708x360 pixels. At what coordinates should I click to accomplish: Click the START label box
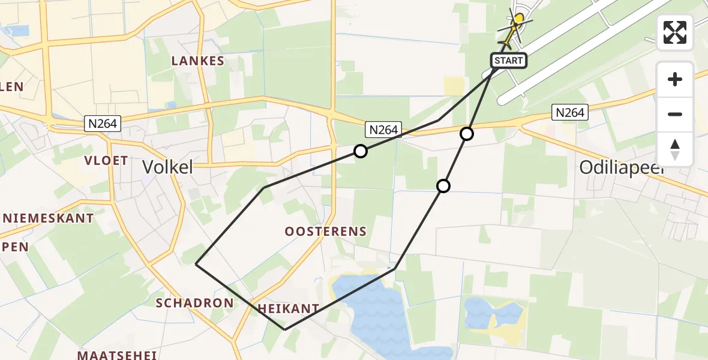point(509,61)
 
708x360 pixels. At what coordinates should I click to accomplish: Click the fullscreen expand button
point(675,32)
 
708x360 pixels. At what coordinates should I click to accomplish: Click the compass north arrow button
point(675,149)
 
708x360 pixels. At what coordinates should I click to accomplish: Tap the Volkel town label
point(168,167)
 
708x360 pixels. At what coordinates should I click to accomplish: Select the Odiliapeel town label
point(622,169)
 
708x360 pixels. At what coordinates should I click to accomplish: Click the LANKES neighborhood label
point(197,61)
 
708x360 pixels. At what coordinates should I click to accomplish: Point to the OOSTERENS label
point(326,232)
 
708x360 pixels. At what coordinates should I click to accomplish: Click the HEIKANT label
point(288,308)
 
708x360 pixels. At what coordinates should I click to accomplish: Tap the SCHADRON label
point(194,303)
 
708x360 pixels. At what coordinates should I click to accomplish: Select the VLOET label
point(106,160)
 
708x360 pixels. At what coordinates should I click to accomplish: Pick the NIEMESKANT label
point(47,218)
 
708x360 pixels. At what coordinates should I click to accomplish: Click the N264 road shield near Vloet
point(103,124)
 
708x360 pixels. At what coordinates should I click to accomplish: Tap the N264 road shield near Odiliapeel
point(569,112)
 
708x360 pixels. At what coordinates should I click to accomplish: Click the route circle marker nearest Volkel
point(360,151)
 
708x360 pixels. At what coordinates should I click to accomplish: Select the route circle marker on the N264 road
point(467,134)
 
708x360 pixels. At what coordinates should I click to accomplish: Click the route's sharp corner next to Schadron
point(197,263)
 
